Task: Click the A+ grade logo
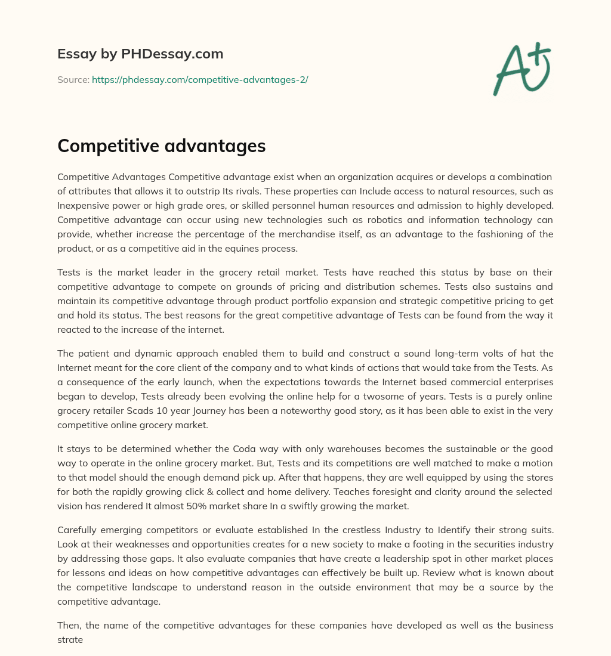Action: pyautogui.click(x=521, y=69)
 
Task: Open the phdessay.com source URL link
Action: pyautogui.click(x=200, y=79)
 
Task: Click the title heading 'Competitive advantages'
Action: pyautogui.click(x=161, y=146)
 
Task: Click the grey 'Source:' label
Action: pyautogui.click(x=73, y=79)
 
